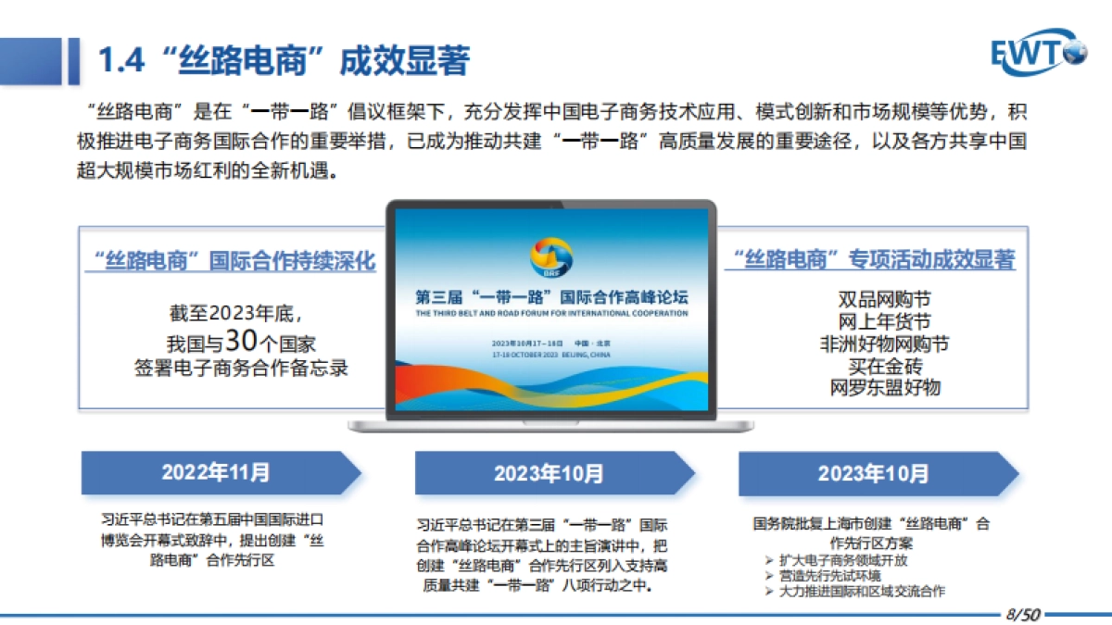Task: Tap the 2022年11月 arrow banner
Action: click(219, 472)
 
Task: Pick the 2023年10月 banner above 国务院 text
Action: click(874, 473)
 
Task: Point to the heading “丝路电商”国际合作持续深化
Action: click(230, 261)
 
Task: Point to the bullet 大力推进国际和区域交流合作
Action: click(861, 591)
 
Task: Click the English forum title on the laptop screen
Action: click(551, 313)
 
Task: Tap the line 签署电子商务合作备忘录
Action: click(241, 368)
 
